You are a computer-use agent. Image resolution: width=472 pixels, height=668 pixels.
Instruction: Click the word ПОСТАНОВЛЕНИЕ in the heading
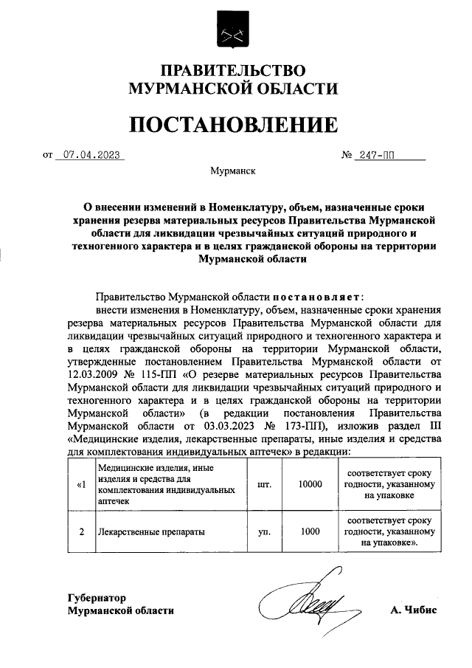click(234, 125)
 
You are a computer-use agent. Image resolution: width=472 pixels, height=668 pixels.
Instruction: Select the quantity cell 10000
click(311, 484)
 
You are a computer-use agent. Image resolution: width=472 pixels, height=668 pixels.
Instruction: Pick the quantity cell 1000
click(311, 531)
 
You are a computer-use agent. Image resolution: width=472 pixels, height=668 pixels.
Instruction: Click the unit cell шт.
click(263, 484)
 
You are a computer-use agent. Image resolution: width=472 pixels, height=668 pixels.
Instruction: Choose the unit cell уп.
click(263, 531)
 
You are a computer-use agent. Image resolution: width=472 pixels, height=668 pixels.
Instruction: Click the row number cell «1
click(80, 484)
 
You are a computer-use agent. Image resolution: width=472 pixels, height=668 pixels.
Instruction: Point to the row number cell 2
click(80, 531)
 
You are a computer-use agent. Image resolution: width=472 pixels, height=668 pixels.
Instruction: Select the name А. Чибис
click(414, 610)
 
